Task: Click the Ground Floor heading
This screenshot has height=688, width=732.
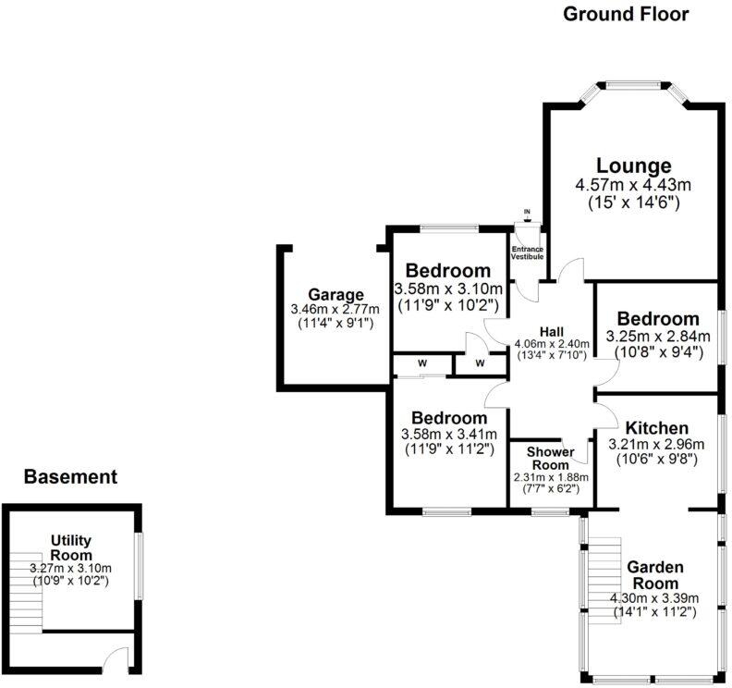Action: pos(626,14)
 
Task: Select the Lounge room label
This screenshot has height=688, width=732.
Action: pos(633,166)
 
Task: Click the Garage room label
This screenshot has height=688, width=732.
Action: pos(330,294)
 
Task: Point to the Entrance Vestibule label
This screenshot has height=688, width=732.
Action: pos(527,252)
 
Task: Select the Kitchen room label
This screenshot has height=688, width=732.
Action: pos(656,428)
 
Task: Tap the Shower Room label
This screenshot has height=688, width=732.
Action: pos(551,458)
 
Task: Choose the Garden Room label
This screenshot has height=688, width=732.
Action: pos(654,575)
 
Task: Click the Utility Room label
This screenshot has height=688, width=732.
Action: pos(70,547)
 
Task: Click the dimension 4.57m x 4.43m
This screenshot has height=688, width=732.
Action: pos(632,185)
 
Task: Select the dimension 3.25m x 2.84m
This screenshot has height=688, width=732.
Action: pos(658,336)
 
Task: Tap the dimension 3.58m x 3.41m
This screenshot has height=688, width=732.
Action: pos(450,435)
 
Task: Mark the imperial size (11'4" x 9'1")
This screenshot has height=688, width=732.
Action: pos(330,324)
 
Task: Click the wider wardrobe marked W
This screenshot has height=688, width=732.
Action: pos(421,363)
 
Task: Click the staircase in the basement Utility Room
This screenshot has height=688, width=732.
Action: pos(28,593)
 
